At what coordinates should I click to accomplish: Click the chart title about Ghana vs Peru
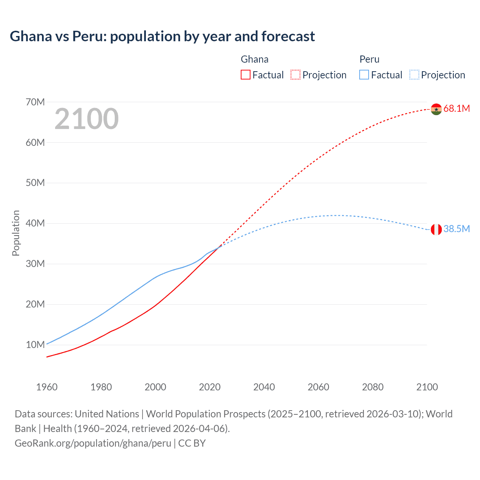click(162, 36)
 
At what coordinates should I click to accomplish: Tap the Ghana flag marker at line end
click(436, 109)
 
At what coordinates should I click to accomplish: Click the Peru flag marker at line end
click(436, 229)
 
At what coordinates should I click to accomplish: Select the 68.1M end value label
click(456, 109)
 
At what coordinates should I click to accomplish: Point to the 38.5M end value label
click(456, 229)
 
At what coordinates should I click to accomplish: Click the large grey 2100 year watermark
click(87, 119)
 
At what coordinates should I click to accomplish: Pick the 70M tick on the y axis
click(35, 102)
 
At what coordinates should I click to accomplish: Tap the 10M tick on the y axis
click(35, 345)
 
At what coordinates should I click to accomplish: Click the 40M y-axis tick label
click(35, 223)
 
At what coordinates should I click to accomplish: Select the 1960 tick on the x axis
click(47, 387)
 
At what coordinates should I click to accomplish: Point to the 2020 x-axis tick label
click(210, 387)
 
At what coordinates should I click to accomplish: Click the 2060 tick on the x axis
click(318, 387)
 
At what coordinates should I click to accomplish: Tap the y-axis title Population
click(16, 233)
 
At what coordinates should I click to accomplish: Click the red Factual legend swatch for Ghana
click(245, 75)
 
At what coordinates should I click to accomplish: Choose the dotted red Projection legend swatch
click(295, 75)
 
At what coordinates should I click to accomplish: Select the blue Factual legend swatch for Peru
click(364, 75)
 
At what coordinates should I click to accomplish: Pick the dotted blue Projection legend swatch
click(414, 75)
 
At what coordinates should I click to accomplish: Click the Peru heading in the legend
click(369, 59)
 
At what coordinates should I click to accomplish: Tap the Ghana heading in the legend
click(254, 59)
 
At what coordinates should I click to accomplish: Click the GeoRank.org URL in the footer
click(93, 443)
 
